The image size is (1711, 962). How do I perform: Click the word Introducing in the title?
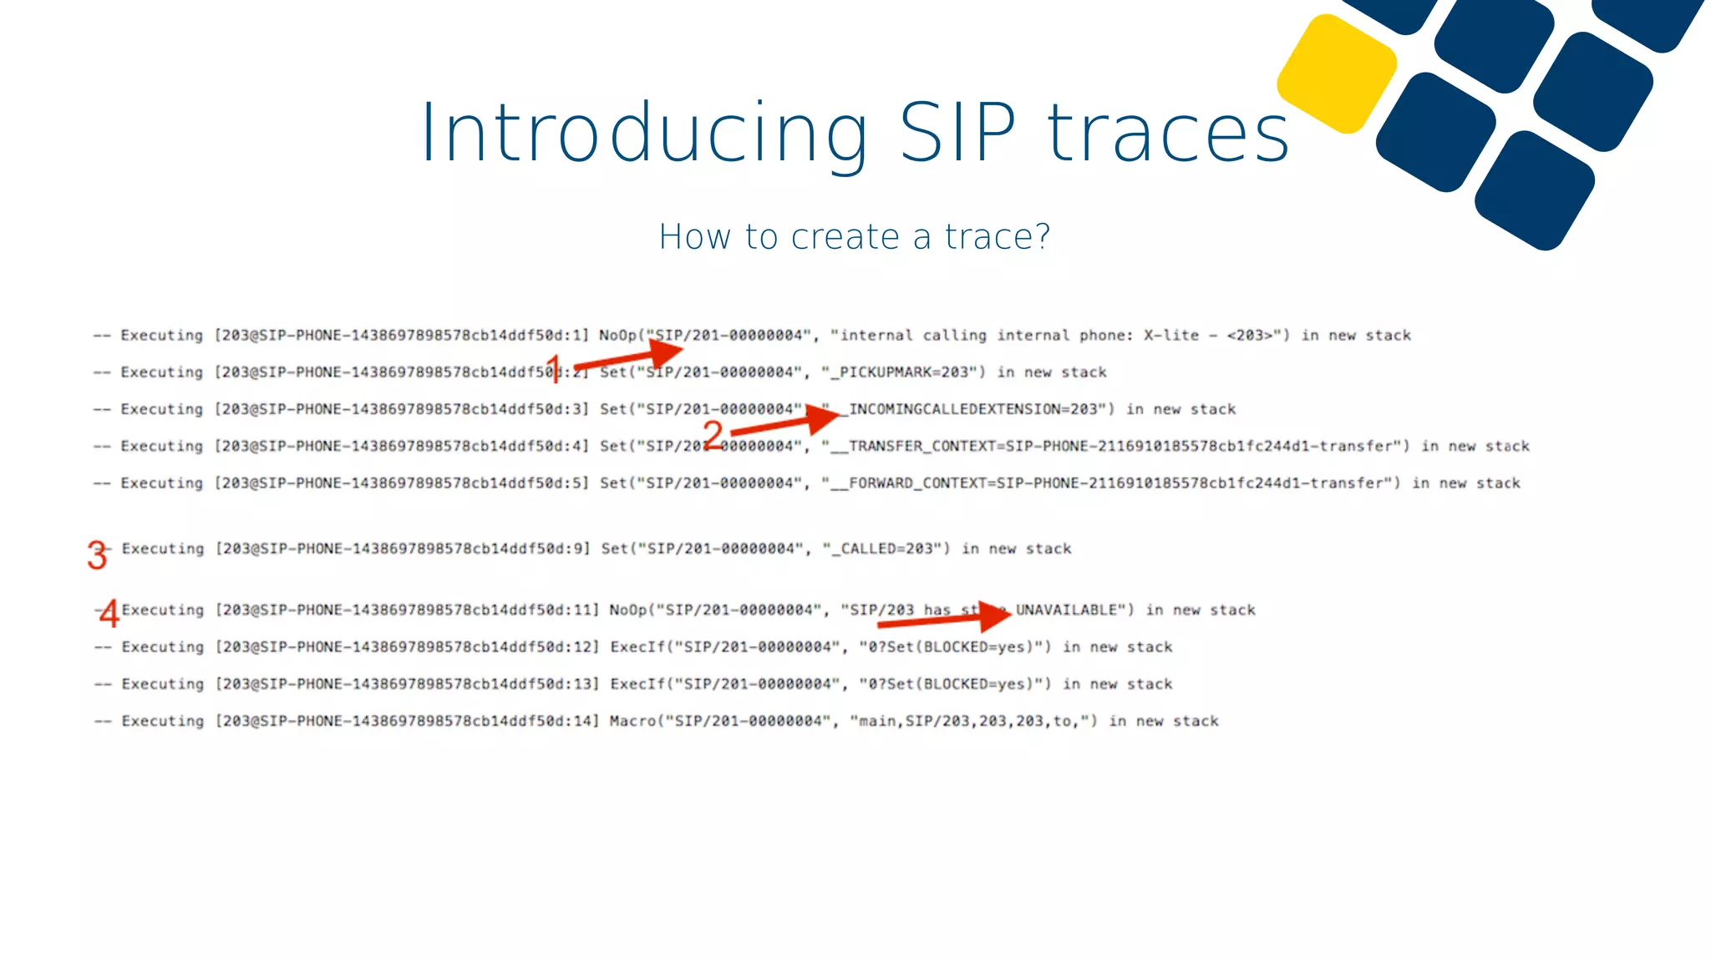point(643,134)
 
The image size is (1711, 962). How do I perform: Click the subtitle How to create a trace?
point(854,237)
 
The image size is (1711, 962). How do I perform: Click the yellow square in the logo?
point(1337,73)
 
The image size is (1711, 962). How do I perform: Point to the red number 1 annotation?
point(553,368)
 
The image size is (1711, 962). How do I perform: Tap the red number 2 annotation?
point(712,434)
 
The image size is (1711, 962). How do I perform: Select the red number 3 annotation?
point(97,555)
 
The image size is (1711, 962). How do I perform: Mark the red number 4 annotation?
point(109,614)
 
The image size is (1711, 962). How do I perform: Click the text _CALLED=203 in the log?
point(886,549)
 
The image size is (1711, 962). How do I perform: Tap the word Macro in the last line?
point(632,721)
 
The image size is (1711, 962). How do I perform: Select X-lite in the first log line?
point(1170,336)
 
